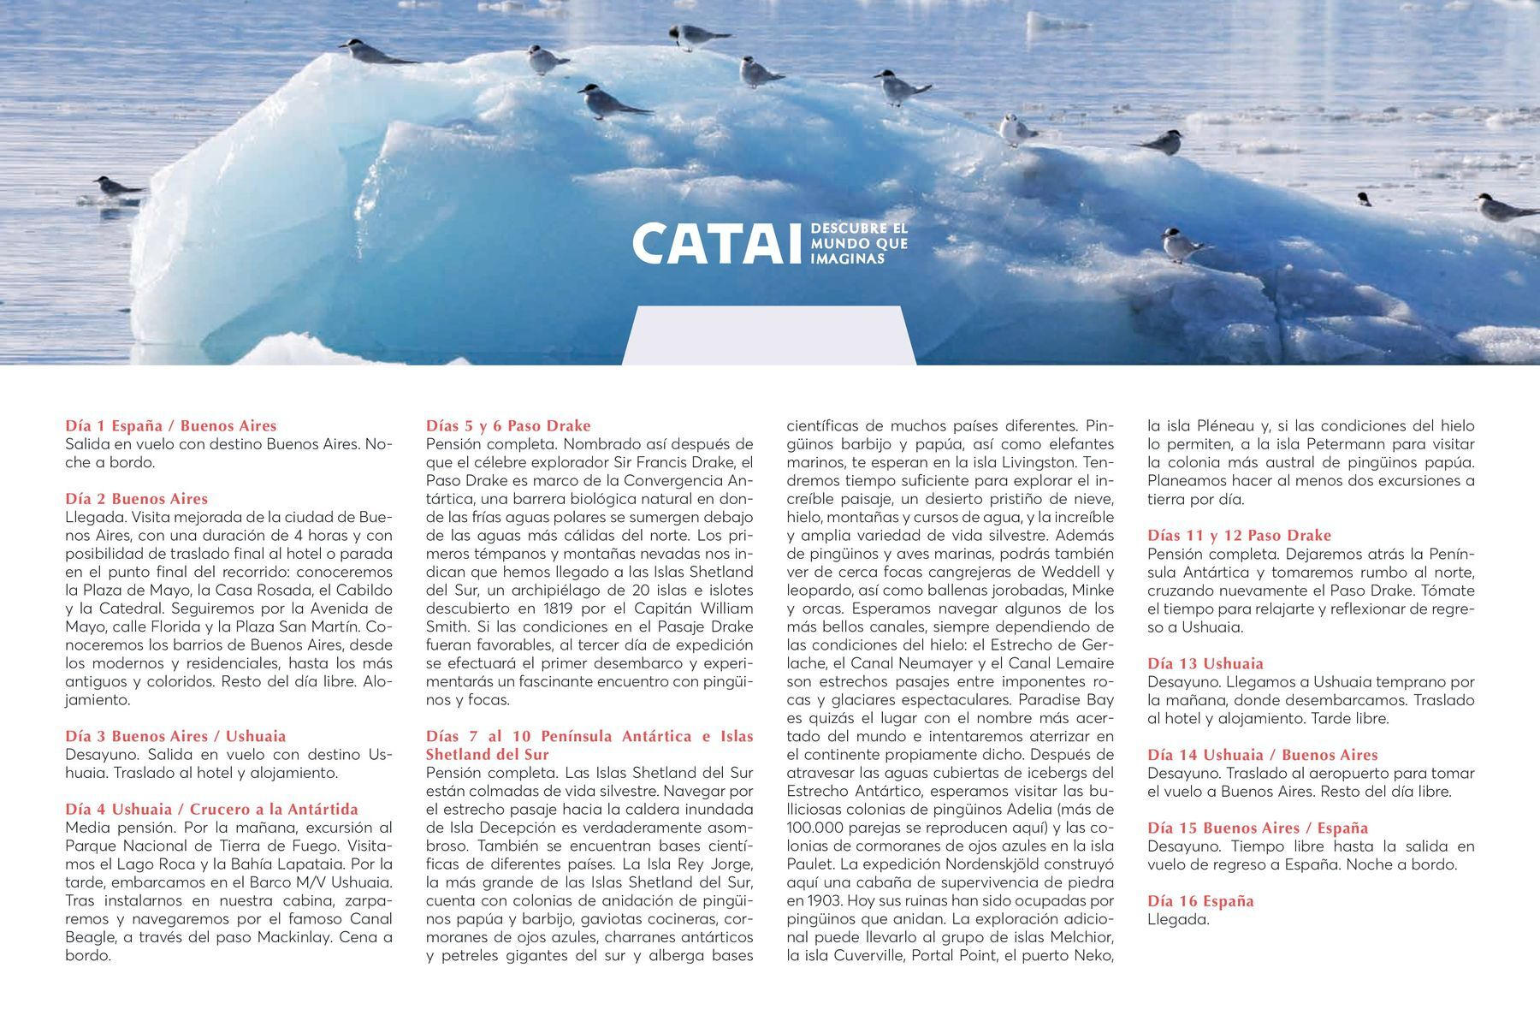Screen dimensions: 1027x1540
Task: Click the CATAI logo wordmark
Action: pos(718,244)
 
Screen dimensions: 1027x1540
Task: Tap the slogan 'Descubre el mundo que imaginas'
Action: pos(858,244)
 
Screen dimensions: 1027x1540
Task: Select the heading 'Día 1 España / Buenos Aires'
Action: pos(171,425)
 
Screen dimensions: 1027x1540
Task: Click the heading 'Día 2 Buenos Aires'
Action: pos(137,499)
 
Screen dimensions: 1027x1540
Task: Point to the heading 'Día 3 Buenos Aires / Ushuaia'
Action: pos(175,736)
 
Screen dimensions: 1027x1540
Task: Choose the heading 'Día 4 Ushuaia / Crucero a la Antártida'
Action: pos(211,809)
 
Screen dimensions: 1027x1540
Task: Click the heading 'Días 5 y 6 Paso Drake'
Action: pos(508,425)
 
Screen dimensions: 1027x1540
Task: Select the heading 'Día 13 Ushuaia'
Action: pos(1205,663)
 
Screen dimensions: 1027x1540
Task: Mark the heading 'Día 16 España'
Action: pos(1200,900)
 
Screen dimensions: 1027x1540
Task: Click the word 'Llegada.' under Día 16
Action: pos(1178,920)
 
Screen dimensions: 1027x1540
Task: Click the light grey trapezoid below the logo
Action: pos(769,335)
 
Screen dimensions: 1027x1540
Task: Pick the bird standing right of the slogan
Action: pos(1182,245)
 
